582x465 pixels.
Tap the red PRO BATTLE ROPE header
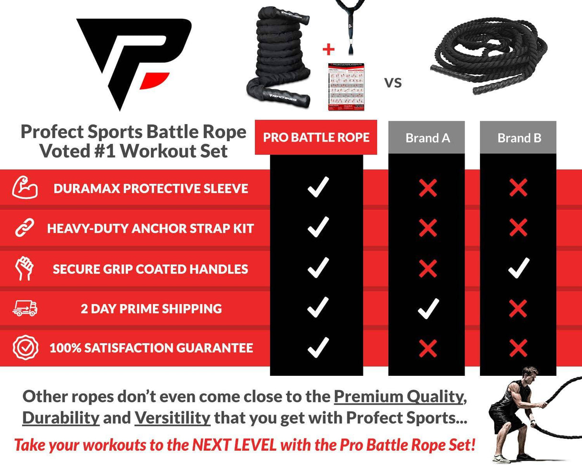coord(316,138)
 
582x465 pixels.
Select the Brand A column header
coord(427,138)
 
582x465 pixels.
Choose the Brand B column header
coord(519,138)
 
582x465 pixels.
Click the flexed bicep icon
coord(24,188)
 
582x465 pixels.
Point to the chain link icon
coord(24,228)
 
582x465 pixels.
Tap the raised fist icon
coord(24,268)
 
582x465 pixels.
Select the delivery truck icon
coord(24,308)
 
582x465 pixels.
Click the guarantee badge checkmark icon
coord(24,348)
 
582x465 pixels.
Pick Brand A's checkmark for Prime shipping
coord(428,308)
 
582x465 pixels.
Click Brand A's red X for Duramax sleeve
coord(428,188)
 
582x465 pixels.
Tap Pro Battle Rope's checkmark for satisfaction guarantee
coord(318,348)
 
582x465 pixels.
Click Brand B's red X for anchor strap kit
coord(519,228)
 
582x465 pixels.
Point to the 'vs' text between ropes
coord(393,82)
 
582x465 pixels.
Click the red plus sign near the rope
coord(328,49)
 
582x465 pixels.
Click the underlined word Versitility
coord(172,418)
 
